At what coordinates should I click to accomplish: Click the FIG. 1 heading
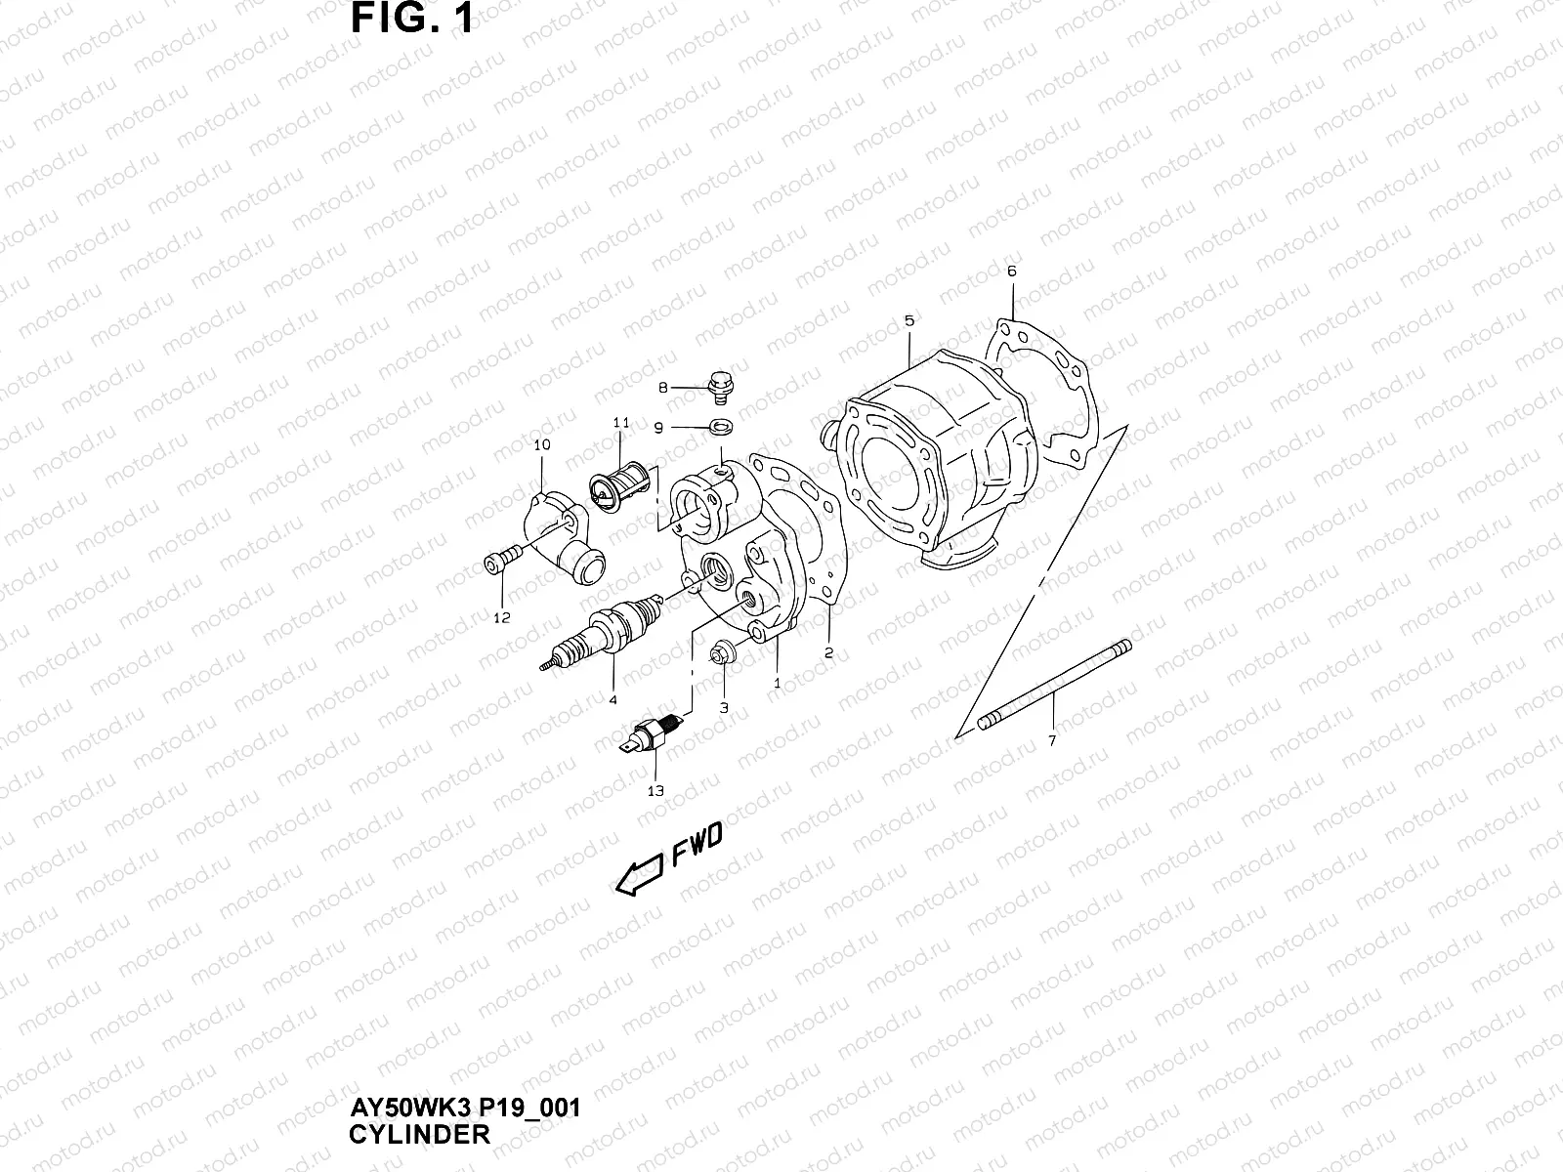coord(412,19)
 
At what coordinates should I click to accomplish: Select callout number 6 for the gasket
coord(1011,271)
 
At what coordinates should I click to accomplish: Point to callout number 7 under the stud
coord(1051,741)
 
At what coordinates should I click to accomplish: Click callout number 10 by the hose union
coord(542,444)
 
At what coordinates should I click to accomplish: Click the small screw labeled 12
coord(495,563)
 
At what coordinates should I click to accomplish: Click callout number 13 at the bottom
coord(655,791)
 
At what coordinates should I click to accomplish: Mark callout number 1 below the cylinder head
coord(778,684)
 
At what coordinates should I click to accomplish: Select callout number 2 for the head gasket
coord(828,653)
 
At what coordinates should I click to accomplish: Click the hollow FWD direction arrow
coord(640,872)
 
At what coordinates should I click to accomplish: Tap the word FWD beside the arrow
coord(696,845)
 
